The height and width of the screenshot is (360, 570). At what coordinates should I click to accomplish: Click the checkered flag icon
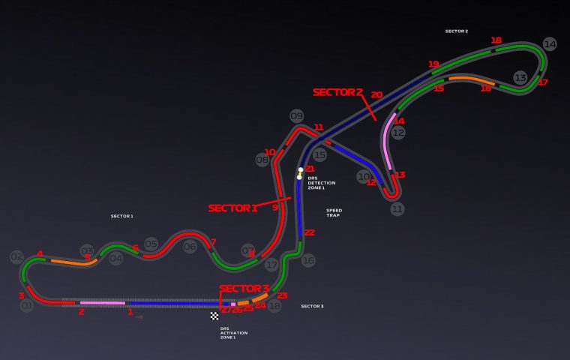214,316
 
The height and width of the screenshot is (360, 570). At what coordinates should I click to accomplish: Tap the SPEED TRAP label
333,212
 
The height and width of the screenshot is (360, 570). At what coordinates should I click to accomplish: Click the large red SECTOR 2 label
337,92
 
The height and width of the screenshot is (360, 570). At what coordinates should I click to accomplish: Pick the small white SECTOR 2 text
456,31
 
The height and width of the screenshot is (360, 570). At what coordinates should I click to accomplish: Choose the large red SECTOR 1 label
232,208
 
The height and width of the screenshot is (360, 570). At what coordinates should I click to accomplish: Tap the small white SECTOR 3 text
312,306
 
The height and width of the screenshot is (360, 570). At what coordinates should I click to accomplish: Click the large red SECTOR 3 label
244,289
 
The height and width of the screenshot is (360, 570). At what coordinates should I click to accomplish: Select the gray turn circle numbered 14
550,44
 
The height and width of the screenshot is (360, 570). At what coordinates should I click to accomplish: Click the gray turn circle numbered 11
397,208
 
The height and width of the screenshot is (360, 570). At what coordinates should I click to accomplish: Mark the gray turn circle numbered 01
27,305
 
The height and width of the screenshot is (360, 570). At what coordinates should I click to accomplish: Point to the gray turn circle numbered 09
297,115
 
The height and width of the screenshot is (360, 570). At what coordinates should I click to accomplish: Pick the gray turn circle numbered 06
190,246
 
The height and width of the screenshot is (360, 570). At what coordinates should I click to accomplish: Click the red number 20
376,95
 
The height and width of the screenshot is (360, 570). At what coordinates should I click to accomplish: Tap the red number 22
309,232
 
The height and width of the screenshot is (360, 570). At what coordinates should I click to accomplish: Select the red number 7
213,241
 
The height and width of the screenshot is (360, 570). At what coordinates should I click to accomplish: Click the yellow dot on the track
299,178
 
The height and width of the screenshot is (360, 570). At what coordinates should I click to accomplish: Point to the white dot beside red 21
300,169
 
